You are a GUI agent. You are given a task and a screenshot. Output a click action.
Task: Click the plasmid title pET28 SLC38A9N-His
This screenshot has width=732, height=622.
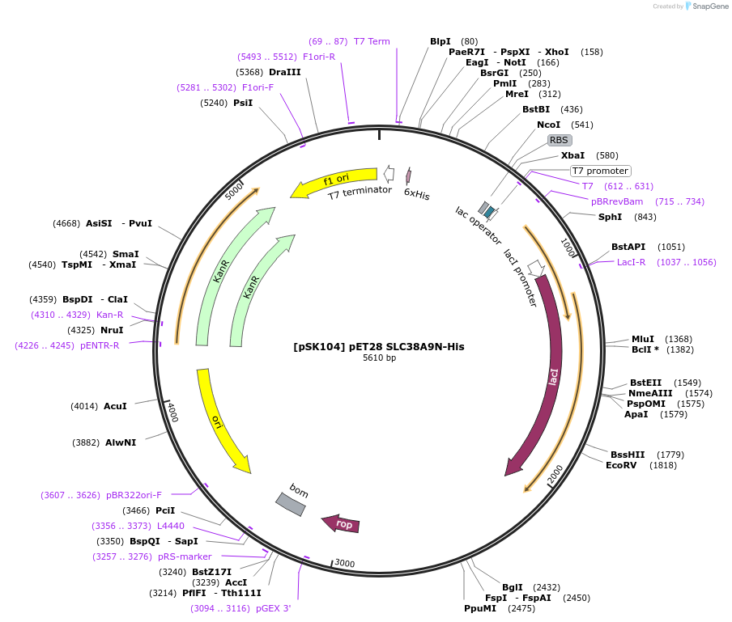[x=379, y=347]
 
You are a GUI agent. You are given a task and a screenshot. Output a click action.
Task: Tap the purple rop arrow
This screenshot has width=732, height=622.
[x=342, y=524]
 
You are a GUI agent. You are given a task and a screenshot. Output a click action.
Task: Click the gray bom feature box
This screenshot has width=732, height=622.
[x=291, y=504]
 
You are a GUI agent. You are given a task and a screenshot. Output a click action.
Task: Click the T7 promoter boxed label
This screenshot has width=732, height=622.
[x=600, y=171]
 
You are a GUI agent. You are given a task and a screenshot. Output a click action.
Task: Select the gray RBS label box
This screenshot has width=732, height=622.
[x=560, y=140]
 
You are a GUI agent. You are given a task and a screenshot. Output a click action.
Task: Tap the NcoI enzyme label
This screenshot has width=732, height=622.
[x=548, y=125]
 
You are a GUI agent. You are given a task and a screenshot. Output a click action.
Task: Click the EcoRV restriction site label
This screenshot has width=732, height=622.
[x=621, y=465]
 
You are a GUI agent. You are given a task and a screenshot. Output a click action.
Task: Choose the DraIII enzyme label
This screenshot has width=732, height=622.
[x=285, y=72]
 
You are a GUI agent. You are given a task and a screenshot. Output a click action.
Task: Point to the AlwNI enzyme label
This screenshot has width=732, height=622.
[x=121, y=442]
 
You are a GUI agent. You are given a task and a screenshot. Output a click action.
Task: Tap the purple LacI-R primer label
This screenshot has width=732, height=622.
[x=632, y=262]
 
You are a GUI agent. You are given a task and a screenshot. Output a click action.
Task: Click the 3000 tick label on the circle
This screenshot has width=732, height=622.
[x=345, y=563]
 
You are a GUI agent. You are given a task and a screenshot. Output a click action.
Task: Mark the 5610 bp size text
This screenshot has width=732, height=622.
[x=379, y=358]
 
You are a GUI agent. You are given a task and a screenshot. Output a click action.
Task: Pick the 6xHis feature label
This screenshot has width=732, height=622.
[x=416, y=194]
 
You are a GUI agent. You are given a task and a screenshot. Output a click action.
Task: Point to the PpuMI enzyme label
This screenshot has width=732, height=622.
[x=480, y=608]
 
